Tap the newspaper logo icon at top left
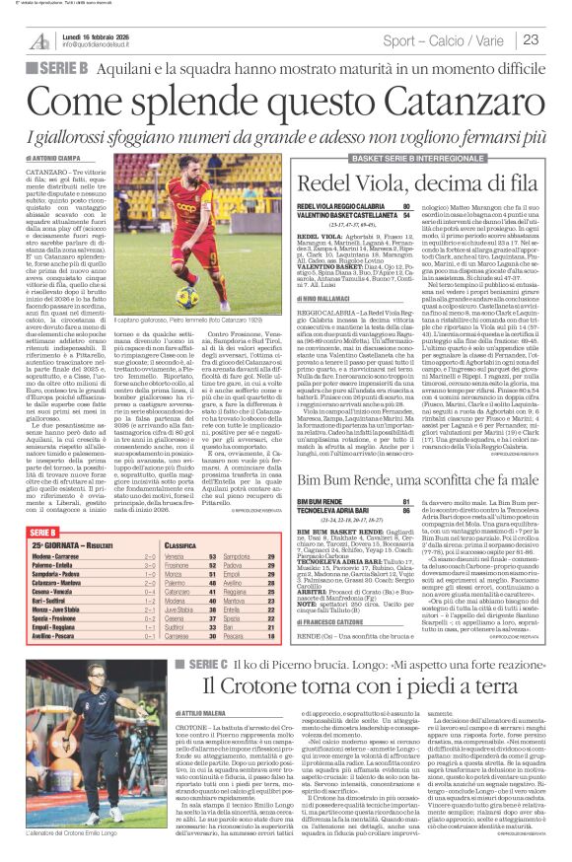pyautogui.click(x=39, y=39)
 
